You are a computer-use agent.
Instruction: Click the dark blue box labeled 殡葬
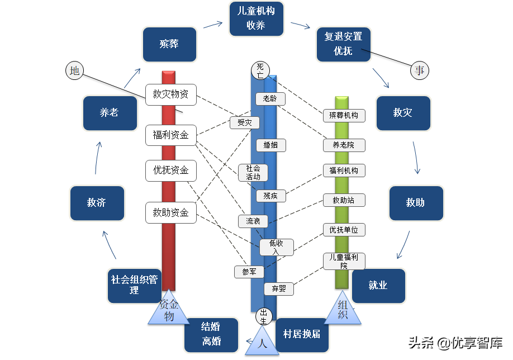click(169, 44)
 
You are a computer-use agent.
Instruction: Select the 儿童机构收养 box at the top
click(256, 18)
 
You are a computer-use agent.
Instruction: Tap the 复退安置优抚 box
click(343, 44)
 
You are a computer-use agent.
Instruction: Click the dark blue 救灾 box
click(402, 113)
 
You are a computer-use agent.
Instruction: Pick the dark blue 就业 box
click(378, 286)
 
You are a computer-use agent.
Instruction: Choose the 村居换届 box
click(302, 334)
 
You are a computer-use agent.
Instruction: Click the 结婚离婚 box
click(211, 335)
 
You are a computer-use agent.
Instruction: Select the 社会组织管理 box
click(134, 285)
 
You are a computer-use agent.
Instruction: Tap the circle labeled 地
click(74, 70)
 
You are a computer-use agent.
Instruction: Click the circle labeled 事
click(420, 70)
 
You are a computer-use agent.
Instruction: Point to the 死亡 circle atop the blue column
click(260, 70)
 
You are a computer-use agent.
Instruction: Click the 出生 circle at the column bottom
click(264, 316)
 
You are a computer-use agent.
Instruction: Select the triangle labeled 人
click(262, 343)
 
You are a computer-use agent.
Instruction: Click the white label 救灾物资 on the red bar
click(170, 94)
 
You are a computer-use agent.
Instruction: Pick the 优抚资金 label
click(170, 170)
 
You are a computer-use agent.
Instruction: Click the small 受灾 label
click(245, 122)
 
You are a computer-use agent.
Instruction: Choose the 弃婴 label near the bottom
click(279, 289)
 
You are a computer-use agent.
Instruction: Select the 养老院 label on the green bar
click(344, 145)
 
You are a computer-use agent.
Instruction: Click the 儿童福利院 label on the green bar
click(344, 261)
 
